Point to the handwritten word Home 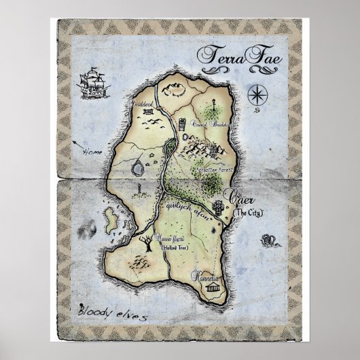(90, 151)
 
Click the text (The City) (248, 213)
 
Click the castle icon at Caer (219, 206)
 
